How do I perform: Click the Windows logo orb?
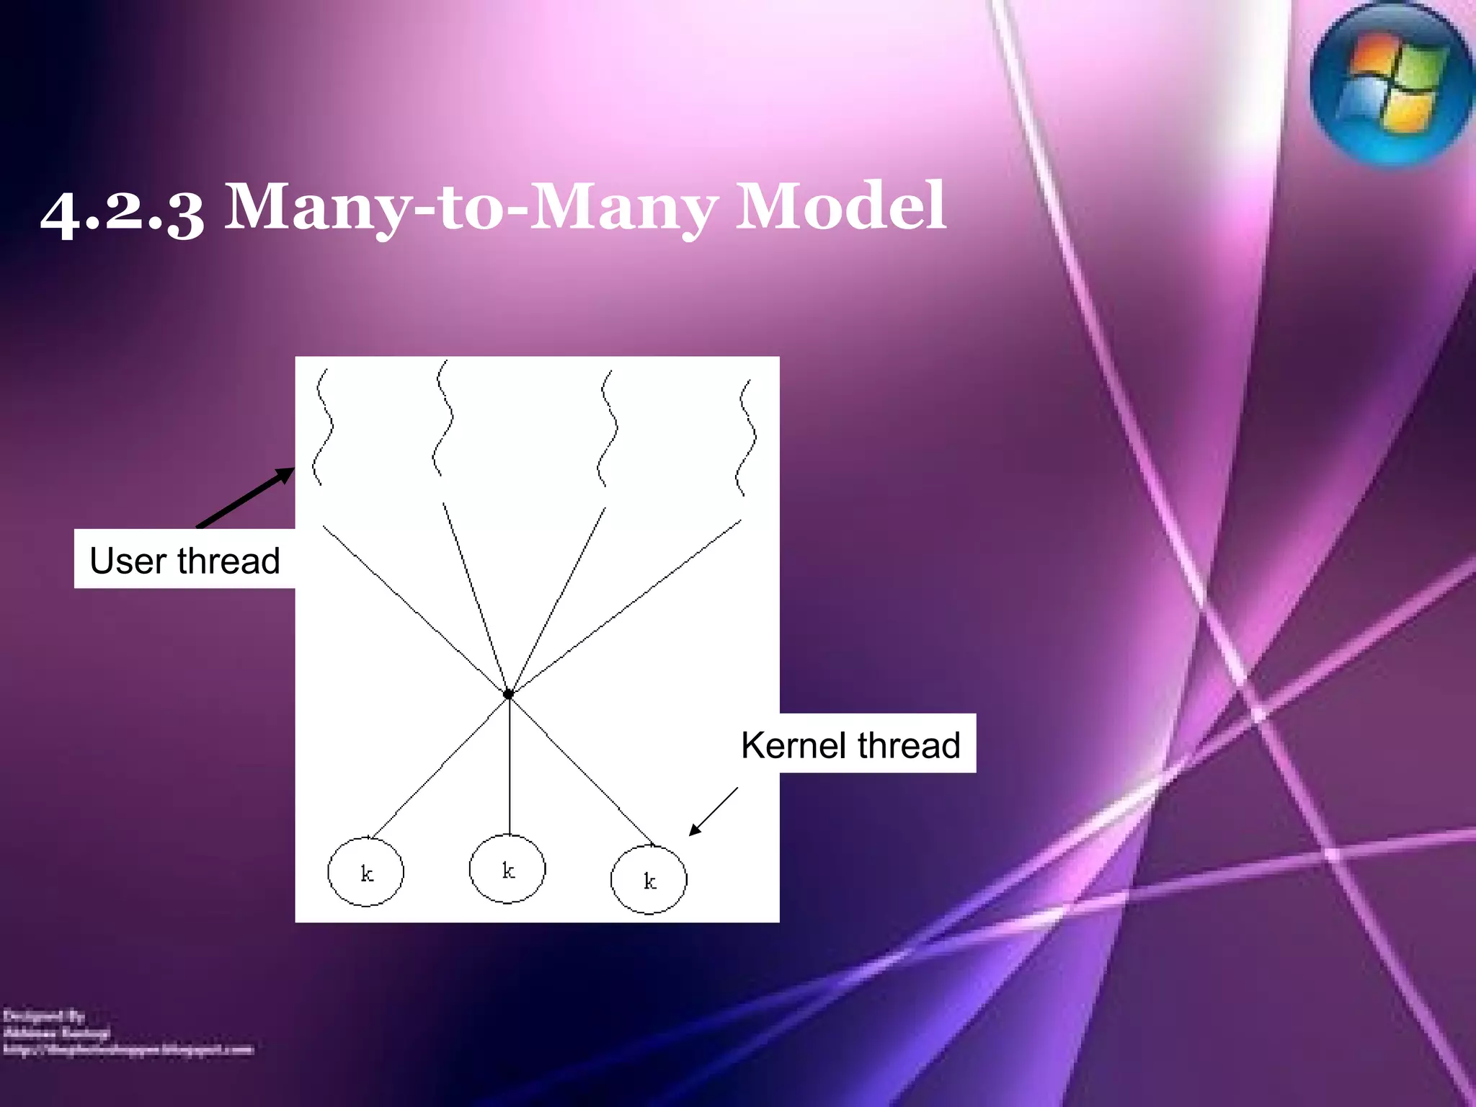(1391, 85)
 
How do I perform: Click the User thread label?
(184, 560)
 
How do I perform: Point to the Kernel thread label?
(850, 744)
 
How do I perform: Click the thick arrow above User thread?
(246, 497)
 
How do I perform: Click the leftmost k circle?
(365, 872)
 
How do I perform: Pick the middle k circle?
(507, 868)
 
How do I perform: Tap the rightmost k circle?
(649, 879)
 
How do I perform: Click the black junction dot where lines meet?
(508, 694)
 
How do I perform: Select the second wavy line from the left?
(443, 418)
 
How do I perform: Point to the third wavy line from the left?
(608, 428)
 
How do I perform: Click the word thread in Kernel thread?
(909, 744)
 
